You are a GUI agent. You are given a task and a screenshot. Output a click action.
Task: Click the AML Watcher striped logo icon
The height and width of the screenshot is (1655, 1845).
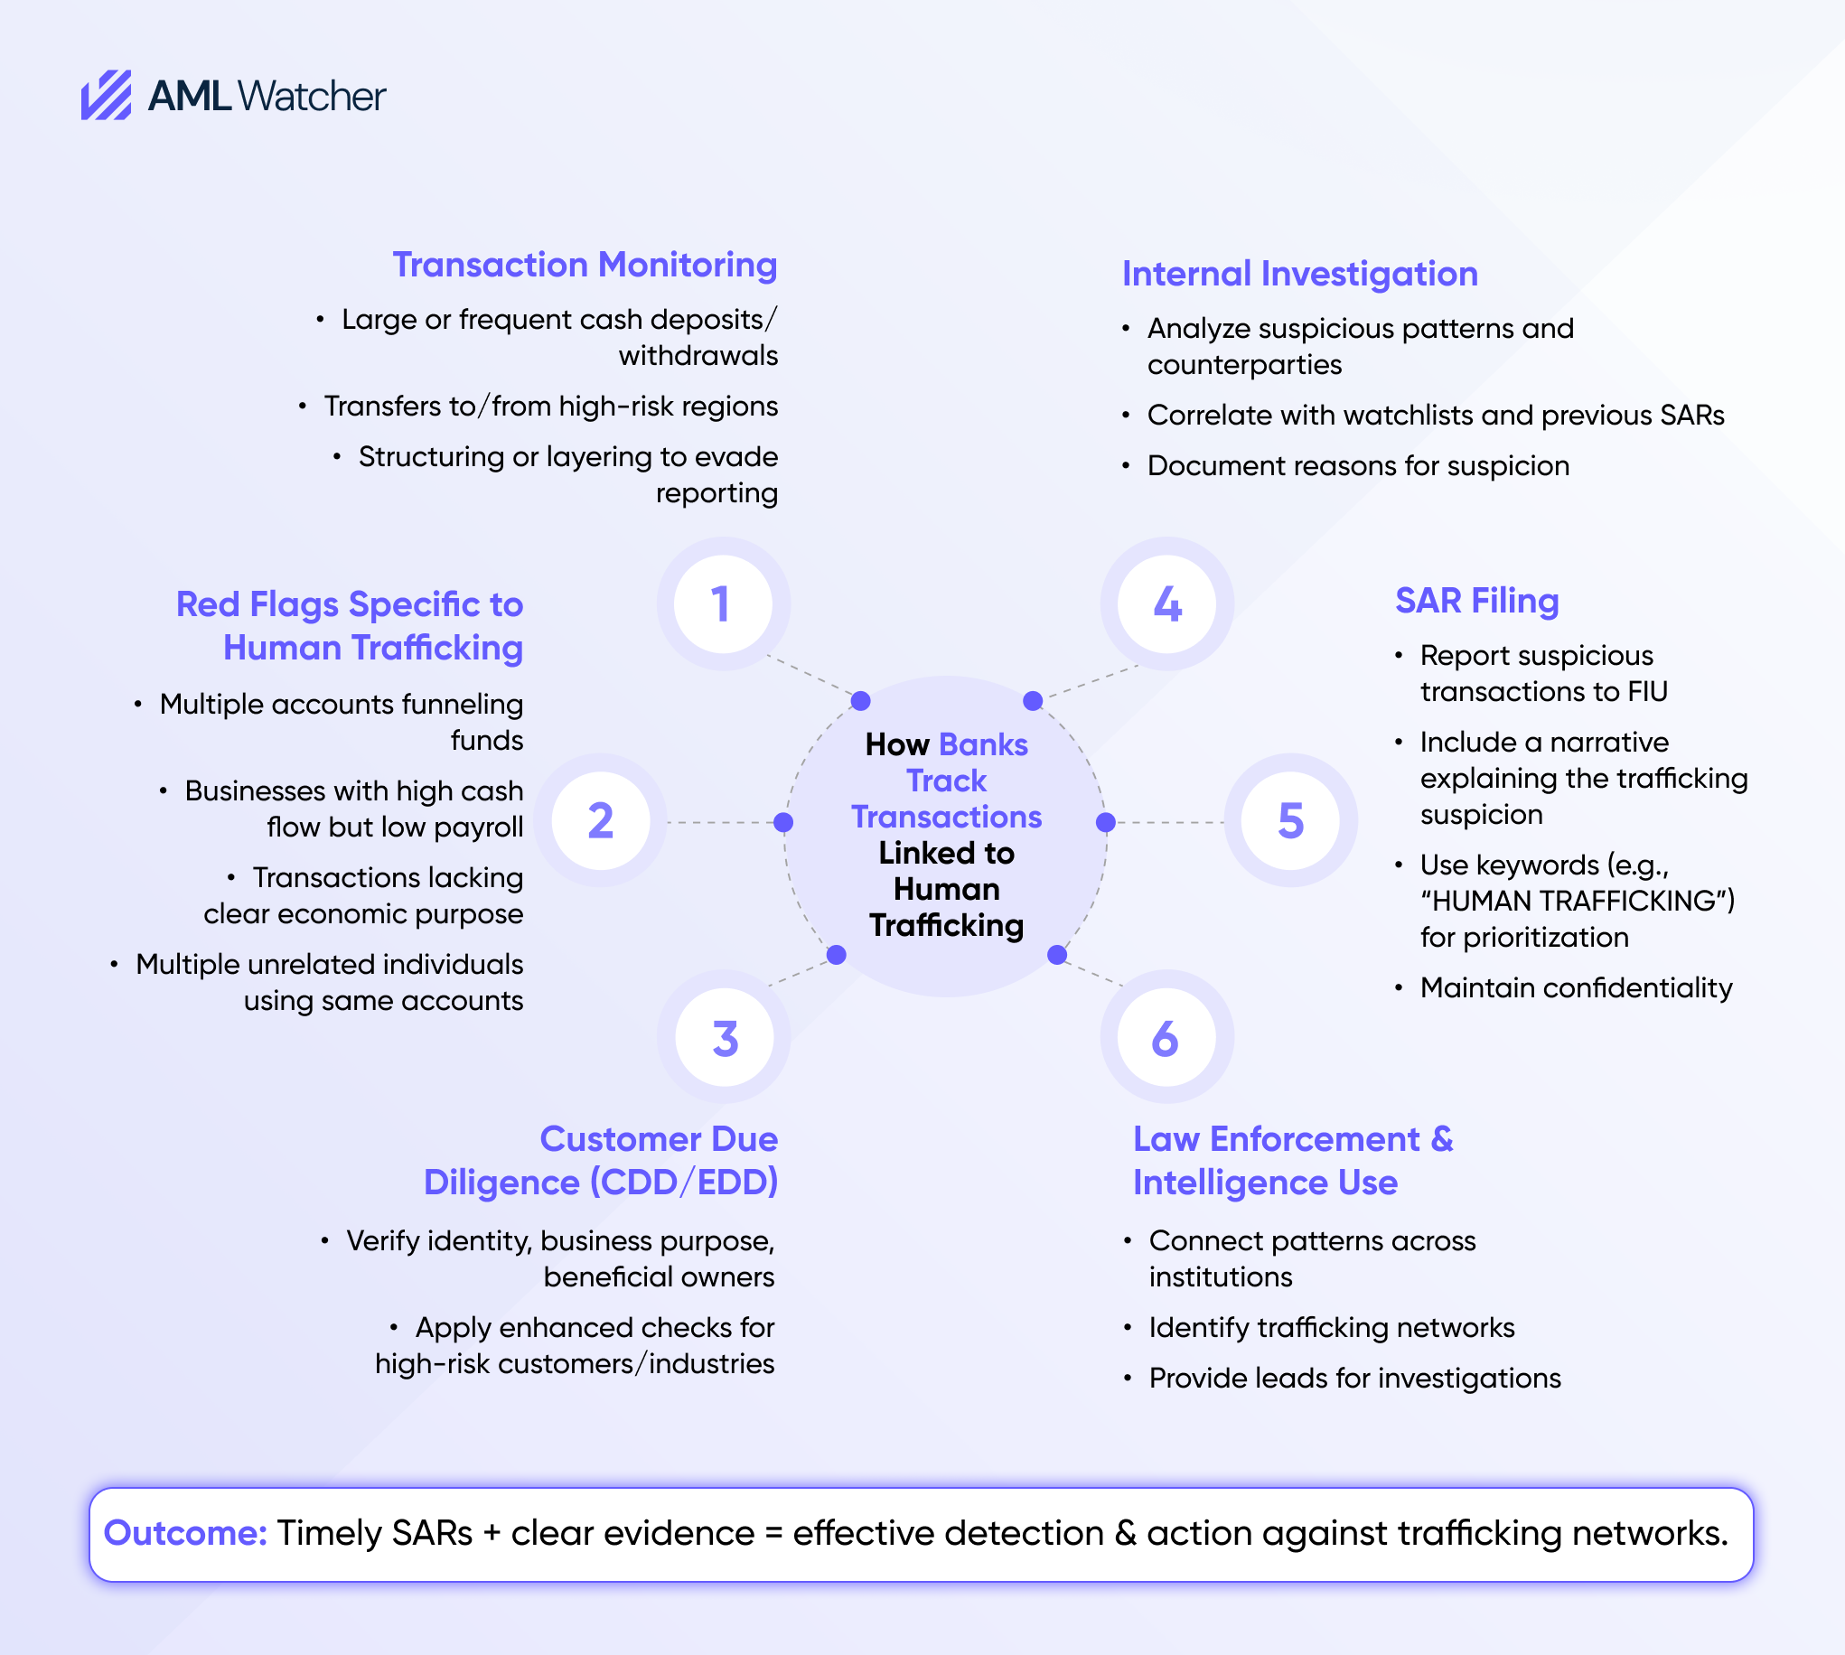[106, 96]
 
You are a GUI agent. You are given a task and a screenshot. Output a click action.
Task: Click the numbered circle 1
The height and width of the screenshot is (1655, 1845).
[723, 603]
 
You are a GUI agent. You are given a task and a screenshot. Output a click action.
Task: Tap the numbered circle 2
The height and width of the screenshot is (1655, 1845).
[600, 820]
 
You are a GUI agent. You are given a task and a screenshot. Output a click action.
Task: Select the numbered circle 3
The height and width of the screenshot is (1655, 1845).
[725, 1038]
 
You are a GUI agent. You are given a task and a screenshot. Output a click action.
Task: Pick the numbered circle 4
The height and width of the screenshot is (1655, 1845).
[1166, 603]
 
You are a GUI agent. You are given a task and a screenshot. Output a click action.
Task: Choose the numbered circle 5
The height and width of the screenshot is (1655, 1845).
[1290, 820]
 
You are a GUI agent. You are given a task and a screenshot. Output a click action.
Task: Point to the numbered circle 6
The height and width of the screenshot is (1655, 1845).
[1166, 1038]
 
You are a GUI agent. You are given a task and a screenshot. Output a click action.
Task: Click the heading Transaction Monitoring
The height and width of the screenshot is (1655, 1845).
[585, 265]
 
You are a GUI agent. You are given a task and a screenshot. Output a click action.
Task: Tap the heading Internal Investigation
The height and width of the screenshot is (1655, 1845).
[1299, 274]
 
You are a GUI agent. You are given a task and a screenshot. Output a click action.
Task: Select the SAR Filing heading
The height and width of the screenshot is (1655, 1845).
[1476, 601]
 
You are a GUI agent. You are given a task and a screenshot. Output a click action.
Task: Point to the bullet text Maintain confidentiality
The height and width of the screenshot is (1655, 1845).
[1576, 987]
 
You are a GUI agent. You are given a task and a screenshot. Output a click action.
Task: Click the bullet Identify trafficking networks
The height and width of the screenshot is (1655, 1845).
[1331, 1328]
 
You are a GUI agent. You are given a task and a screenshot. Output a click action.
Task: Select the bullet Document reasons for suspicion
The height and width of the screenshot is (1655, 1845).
[1358, 465]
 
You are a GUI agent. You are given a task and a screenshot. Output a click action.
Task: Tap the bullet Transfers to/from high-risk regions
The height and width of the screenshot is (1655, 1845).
[550, 406]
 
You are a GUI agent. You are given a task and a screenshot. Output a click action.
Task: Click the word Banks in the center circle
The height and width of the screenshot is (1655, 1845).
[983, 744]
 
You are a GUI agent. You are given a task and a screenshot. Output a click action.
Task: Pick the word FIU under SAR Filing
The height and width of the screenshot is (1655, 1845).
[1647, 692]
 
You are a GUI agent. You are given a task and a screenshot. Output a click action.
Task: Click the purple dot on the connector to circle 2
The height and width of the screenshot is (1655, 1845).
[783, 822]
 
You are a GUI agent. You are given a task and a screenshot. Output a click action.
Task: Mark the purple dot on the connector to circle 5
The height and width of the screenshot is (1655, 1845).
[1106, 822]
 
